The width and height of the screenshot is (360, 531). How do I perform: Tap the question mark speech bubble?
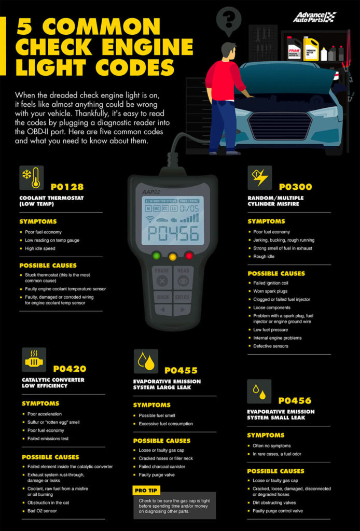(226, 21)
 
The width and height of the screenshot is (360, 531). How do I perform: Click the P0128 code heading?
(67, 187)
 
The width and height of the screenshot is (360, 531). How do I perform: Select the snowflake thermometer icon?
(31, 178)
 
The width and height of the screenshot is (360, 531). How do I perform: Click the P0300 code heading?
(295, 187)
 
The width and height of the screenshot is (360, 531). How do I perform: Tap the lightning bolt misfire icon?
(259, 178)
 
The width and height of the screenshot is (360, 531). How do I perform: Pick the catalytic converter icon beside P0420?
(34, 359)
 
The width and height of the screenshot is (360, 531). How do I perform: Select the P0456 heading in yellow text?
(295, 400)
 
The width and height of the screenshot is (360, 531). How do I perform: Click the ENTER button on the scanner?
(183, 297)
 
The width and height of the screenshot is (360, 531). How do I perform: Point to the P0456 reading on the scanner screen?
(173, 233)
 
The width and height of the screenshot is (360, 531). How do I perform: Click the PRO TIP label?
(146, 490)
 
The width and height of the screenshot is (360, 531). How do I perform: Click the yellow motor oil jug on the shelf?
(311, 49)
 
